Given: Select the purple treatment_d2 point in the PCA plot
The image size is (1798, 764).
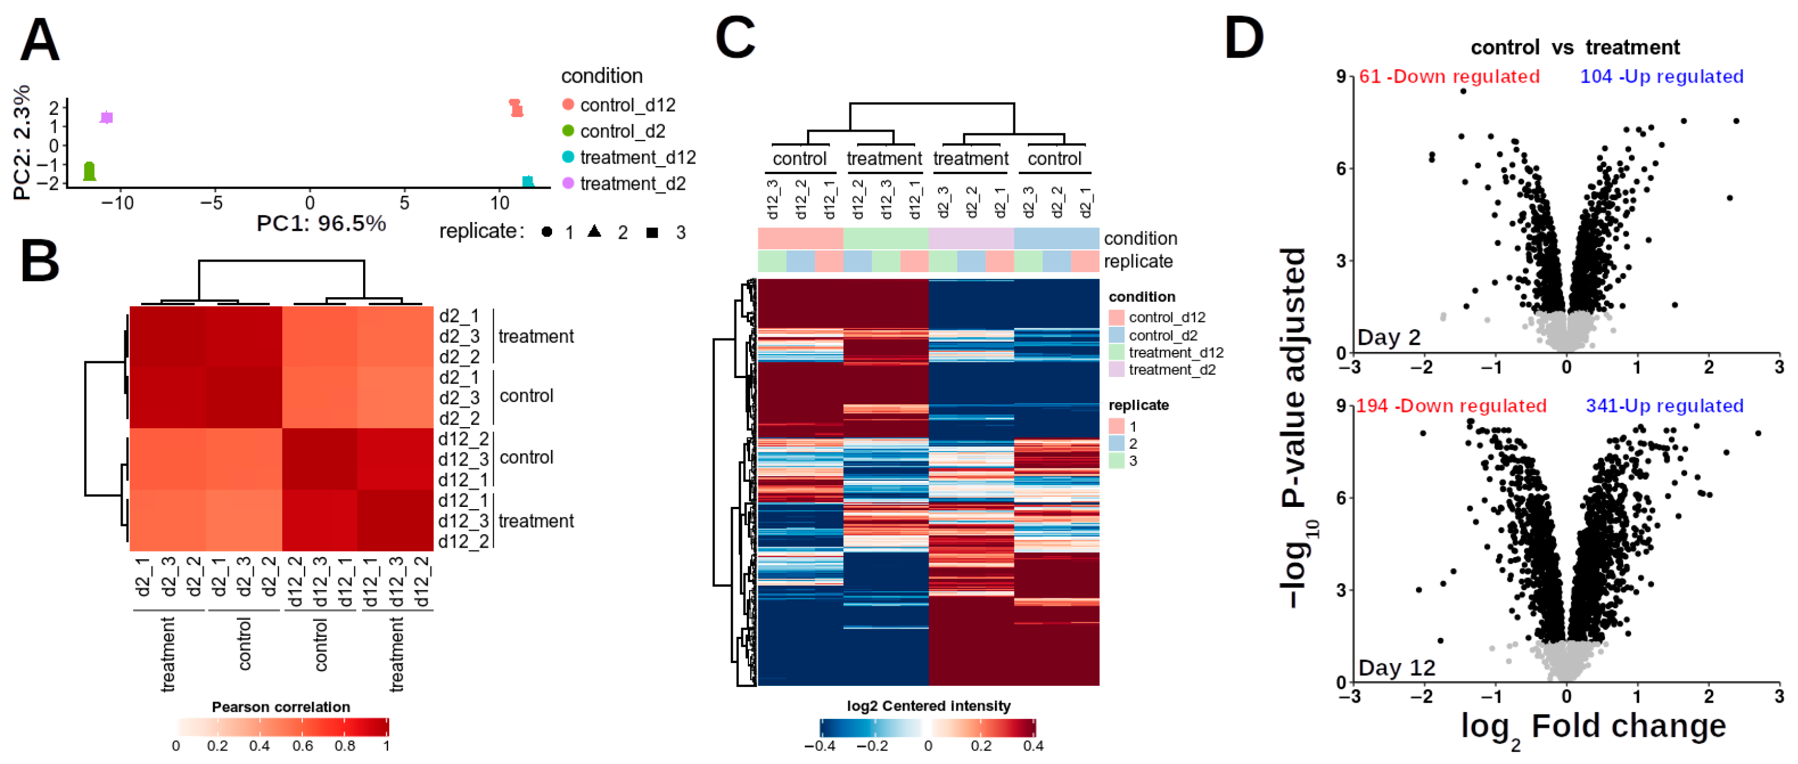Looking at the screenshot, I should pos(106,117).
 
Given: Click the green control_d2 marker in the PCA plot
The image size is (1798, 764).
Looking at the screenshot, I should pos(89,171).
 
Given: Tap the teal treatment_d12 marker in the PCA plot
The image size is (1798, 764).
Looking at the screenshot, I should pos(528,181).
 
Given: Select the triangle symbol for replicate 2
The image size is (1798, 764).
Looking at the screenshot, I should pos(594,231).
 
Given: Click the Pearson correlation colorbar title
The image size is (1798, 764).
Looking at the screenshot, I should pos(281,707).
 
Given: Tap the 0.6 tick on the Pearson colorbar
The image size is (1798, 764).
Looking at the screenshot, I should pos(302,745).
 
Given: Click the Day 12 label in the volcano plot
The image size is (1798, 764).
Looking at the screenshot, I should pos(1396,668).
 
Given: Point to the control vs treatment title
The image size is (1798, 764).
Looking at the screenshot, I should pos(1575,47).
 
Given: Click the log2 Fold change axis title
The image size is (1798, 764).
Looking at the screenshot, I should pos(1593,728).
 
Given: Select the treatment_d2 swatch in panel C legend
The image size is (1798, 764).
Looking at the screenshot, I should pos(1116,370).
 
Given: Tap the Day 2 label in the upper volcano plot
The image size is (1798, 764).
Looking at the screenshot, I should pos(1388,338).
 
